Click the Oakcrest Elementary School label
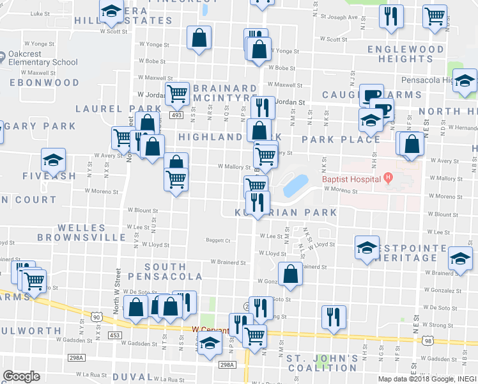(x=43, y=58)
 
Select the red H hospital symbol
(x=387, y=178)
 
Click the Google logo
(x=21, y=376)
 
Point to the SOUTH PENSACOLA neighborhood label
(x=165, y=271)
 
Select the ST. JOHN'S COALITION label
(x=322, y=362)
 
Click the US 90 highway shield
(x=96, y=317)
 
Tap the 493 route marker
(x=177, y=115)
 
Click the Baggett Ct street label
(x=218, y=241)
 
